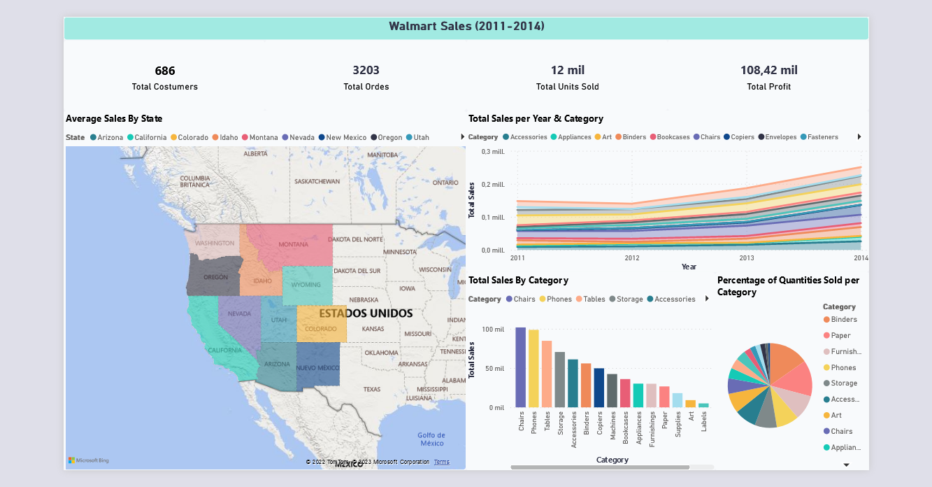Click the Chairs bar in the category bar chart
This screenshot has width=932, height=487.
(x=520, y=367)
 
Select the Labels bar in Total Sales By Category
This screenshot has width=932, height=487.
(x=703, y=405)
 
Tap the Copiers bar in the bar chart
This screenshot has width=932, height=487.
(x=598, y=388)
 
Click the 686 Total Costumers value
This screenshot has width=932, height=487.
(x=165, y=71)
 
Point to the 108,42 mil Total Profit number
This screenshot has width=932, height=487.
(x=768, y=70)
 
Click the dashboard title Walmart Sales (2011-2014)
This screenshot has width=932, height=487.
(x=466, y=27)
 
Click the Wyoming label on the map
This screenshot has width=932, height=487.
(x=306, y=285)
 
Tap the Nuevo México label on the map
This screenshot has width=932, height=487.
(x=317, y=367)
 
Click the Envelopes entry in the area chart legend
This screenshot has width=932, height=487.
(x=780, y=137)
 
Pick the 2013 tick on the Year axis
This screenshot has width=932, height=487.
(x=747, y=257)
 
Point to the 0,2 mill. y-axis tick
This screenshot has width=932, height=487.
(x=493, y=185)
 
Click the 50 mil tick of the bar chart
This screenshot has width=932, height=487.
(x=494, y=369)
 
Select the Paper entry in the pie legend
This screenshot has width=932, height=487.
(x=840, y=336)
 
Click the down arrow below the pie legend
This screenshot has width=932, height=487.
(x=846, y=465)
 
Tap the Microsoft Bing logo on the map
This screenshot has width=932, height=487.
(x=89, y=460)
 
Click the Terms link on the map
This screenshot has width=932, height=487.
(x=441, y=462)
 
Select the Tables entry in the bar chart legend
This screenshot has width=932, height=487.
(x=594, y=299)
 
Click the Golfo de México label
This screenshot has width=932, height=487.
(x=431, y=439)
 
